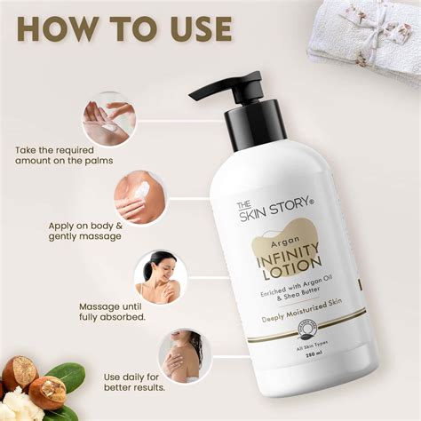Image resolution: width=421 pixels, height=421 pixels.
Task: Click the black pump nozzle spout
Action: pos(206,90)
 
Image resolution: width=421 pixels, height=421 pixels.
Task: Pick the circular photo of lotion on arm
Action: pos(139,197)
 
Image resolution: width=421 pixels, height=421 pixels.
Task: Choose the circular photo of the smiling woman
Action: pos(161,276)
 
